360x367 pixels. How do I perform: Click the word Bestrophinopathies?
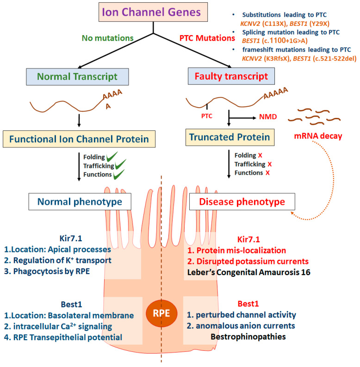pos(248,336)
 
